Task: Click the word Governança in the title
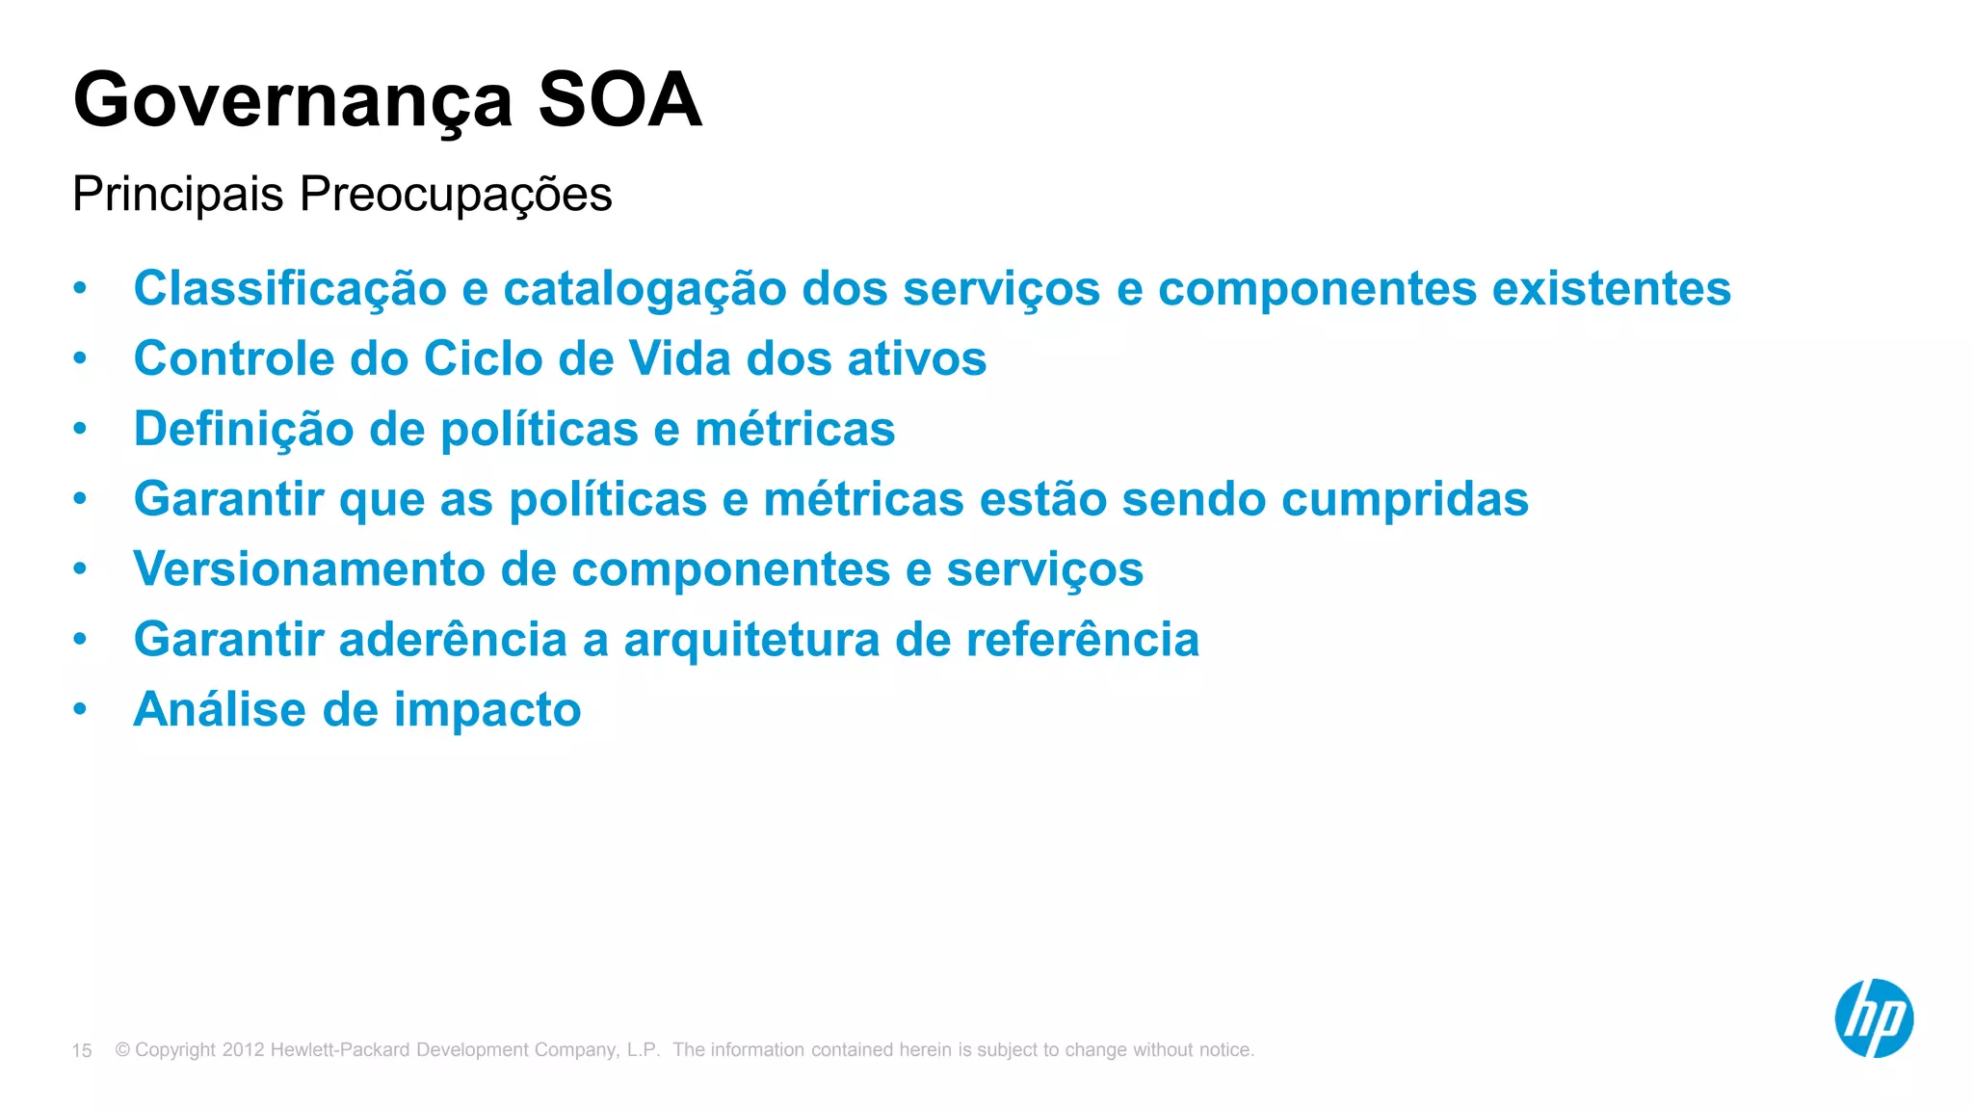click(x=293, y=101)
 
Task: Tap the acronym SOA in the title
click(x=619, y=99)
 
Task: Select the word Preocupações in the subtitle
click(x=456, y=196)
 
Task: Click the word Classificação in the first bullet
click(x=290, y=289)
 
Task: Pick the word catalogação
click(x=645, y=289)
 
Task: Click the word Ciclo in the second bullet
click(x=484, y=358)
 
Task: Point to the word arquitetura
click(x=751, y=640)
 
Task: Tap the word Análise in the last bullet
click(x=220, y=710)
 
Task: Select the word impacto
click(x=487, y=711)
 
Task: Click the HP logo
click(x=1874, y=1018)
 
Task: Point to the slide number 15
click(x=82, y=1050)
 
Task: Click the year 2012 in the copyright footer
click(x=243, y=1049)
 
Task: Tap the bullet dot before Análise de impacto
click(x=80, y=710)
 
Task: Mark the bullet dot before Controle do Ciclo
click(x=80, y=358)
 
